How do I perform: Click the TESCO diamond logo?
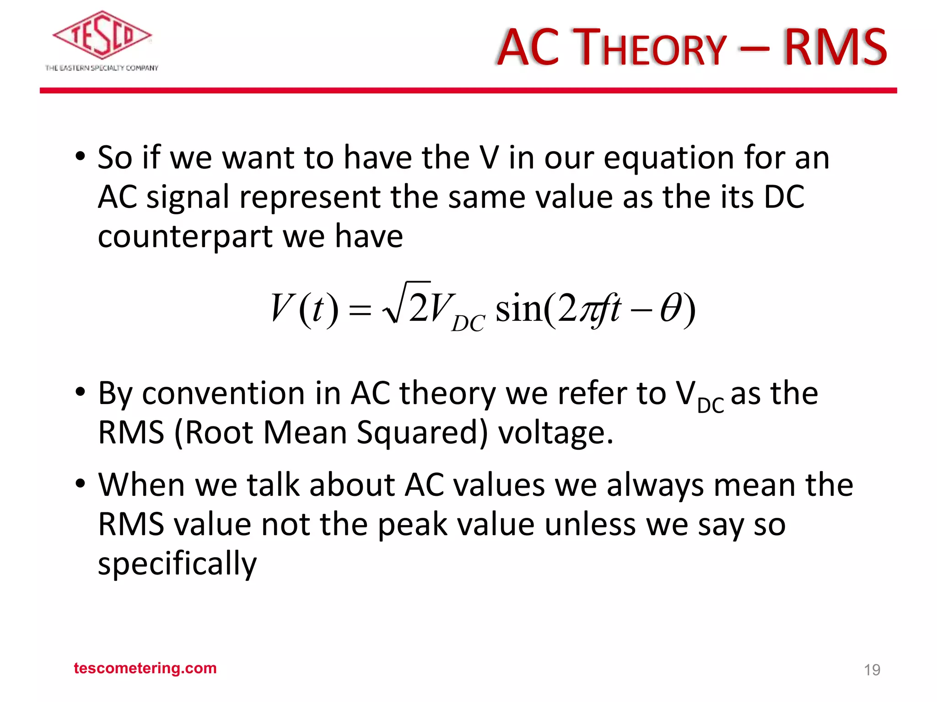click(102, 36)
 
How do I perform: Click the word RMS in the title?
click(835, 48)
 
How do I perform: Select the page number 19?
click(872, 670)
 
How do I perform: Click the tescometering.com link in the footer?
click(145, 668)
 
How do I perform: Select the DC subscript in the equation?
click(468, 324)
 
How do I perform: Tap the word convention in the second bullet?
click(223, 394)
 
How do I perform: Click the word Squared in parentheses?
click(421, 433)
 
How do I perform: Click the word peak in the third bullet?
click(413, 526)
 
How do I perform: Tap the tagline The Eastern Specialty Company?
click(102, 68)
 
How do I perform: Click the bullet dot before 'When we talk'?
click(81, 484)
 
